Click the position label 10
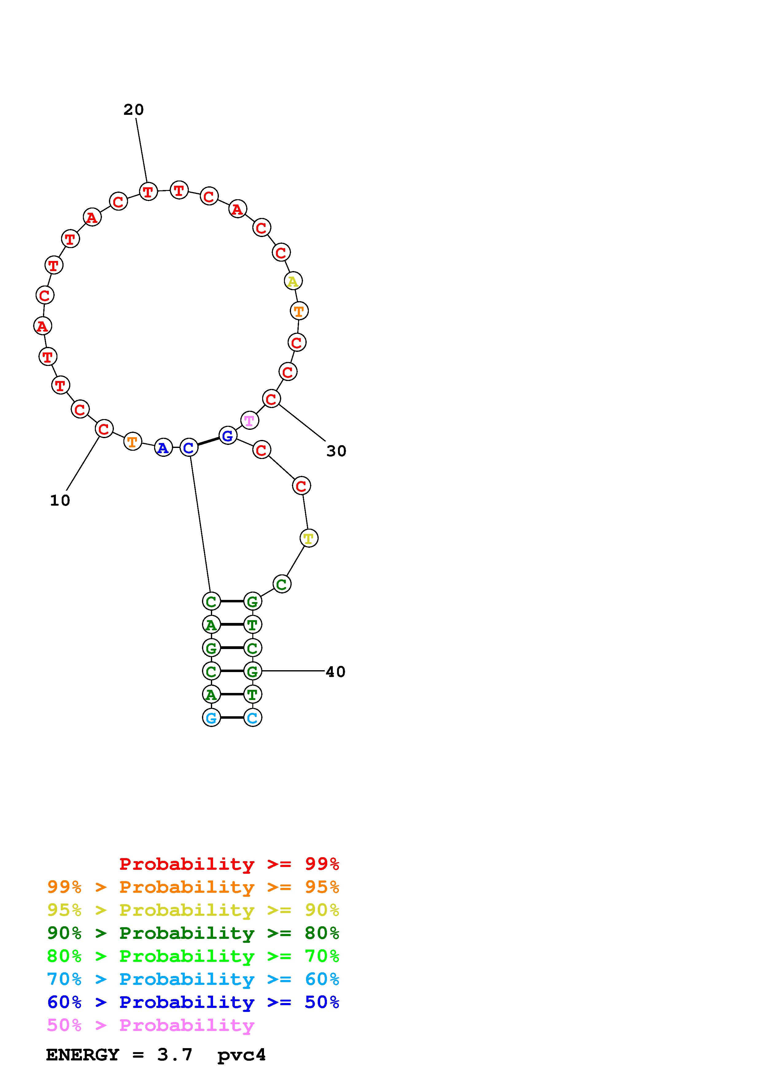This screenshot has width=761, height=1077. click(x=60, y=500)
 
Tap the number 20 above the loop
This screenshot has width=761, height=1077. click(x=133, y=110)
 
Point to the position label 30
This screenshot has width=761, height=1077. click(x=336, y=451)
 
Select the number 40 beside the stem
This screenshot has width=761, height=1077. click(x=336, y=672)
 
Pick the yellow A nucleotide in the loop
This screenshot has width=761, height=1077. click(x=293, y=282)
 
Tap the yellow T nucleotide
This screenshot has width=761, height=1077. click(x=309, y=538)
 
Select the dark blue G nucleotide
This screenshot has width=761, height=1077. click(x=227, y=436)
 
